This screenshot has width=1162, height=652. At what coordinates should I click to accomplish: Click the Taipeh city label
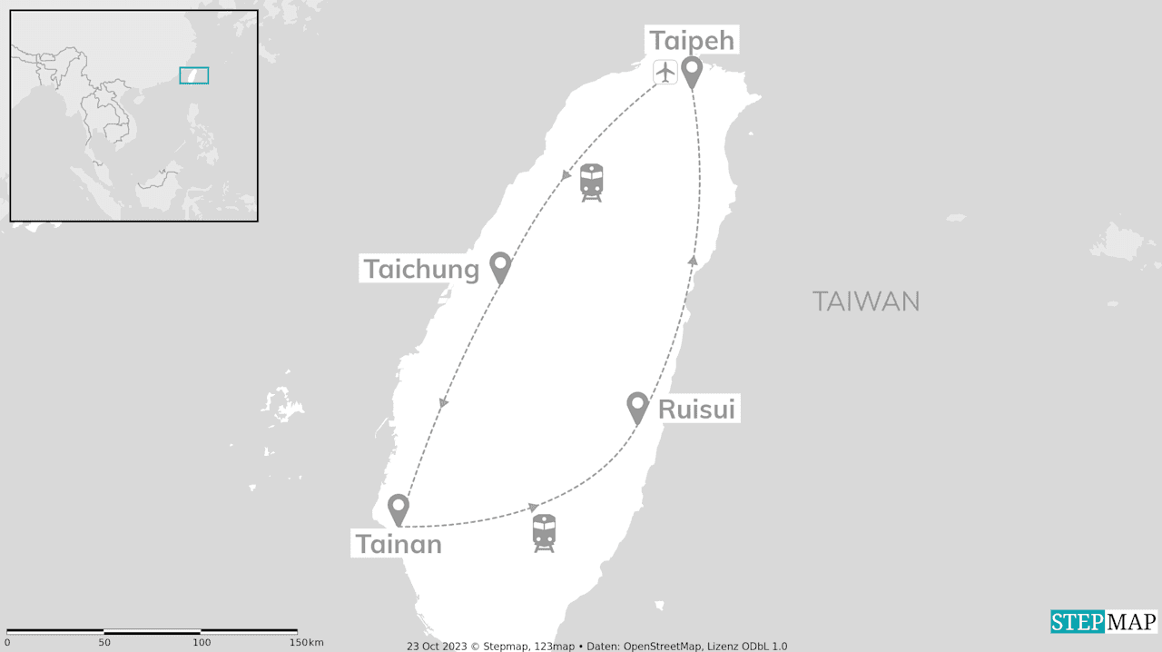tap(691, 41)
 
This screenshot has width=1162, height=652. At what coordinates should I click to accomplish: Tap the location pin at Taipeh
tap(693, 71)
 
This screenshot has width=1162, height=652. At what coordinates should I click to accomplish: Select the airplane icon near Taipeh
tap(665, 71)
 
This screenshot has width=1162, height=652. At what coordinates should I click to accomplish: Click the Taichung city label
tap(421, 269)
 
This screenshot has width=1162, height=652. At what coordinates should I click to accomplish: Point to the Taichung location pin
tap(499, 266)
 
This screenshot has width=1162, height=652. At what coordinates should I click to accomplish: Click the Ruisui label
tap(696, 410)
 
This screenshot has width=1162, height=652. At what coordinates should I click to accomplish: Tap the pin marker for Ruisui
tap(638, 406)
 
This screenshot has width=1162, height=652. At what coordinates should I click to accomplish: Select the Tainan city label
tap(399, 544)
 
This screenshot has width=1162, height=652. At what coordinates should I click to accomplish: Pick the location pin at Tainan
tap(398, 509)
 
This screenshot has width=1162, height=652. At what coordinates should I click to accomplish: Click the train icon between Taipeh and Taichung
tap(592, 182)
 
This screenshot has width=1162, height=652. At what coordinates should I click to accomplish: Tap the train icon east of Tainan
tap(544, 533)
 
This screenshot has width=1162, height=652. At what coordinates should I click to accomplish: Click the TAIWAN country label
tap(866, 301)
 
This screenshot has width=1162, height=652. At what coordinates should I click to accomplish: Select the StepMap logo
tap(1104, 622)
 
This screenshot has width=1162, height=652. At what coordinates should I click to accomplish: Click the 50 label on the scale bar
tap(104, 643)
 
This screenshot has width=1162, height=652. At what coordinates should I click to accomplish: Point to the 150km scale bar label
tap(306, 643)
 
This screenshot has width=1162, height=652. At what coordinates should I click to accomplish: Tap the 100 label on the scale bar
tap(202, 643)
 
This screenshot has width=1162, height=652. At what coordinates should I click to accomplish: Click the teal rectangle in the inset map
tap(194, 75)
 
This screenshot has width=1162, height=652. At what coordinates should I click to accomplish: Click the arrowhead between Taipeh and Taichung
tap(567, 174)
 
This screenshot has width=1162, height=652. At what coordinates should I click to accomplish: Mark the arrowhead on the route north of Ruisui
tap(694, 261)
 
